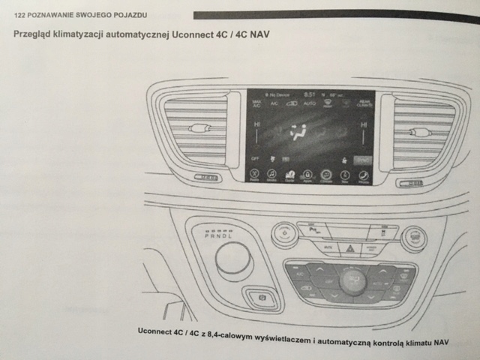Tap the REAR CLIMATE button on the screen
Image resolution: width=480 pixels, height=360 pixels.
point(364,105)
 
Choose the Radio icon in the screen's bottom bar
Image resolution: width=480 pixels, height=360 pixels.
point(256,177)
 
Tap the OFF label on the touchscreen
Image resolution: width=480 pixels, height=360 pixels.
point(256,159)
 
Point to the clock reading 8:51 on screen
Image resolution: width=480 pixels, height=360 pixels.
point(308,94)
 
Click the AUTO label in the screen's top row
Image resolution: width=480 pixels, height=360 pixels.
point(310,103)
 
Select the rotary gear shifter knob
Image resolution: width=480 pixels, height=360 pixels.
point(234,258)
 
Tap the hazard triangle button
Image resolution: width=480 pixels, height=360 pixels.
point(348,245)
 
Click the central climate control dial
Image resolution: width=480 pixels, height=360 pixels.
point(352,281)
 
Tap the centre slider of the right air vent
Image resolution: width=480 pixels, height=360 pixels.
point(421,132)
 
